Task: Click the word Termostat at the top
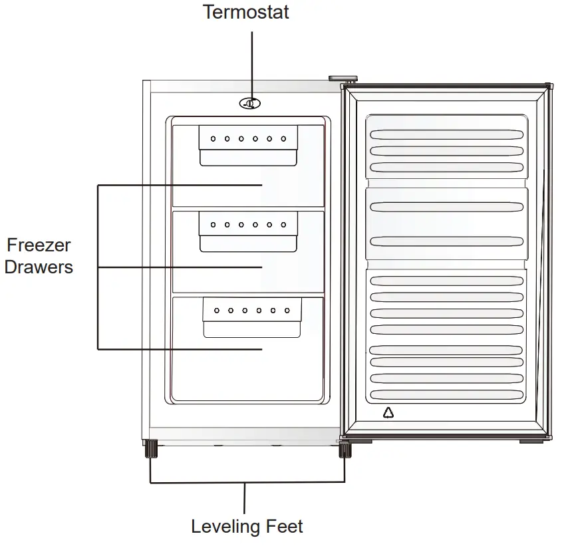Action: pos(246,12)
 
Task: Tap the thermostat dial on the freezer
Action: pos(251,104)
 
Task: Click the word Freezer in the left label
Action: pos(39,245)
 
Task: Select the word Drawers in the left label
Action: pos(39,267)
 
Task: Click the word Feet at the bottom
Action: pos(282,527)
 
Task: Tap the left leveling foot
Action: pos(150,450)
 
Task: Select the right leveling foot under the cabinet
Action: pos(345,450)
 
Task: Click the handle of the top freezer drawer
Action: pos(248,146)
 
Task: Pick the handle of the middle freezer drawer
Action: pos(248,232)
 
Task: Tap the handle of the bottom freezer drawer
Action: pos(252,318)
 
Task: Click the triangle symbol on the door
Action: pos(388,413)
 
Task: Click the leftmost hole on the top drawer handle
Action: pos(213,139)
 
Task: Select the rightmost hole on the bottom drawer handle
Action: pos(287,311)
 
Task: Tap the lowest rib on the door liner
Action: pos(446,394)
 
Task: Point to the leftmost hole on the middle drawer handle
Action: pos(213,225)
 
